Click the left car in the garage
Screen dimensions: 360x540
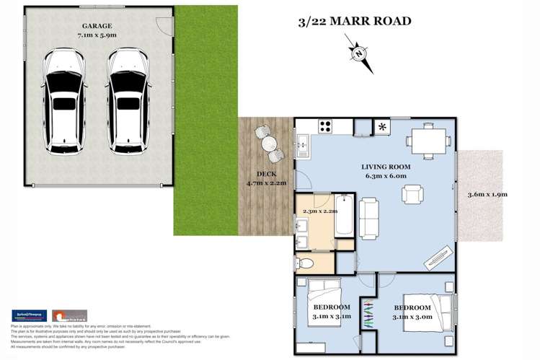65,102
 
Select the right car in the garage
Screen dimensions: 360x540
128,102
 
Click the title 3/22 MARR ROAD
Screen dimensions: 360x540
355,21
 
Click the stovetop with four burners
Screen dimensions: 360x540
325,126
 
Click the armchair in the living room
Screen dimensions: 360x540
412,195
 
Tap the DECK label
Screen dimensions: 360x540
267,174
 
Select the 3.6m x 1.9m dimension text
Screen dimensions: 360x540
488,194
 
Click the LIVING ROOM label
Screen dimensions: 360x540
386,167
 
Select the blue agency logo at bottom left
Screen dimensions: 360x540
30,316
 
